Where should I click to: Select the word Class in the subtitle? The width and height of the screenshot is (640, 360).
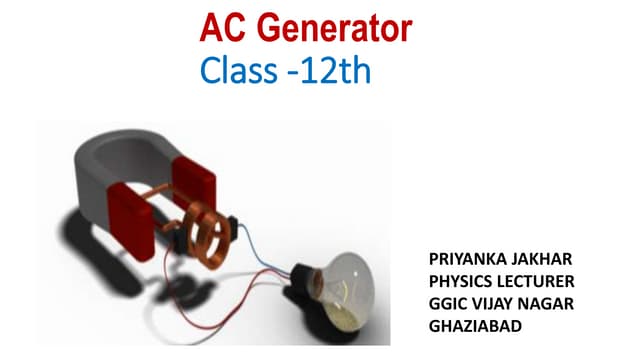(236, 71)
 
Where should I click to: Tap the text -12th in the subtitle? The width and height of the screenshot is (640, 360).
(326, 71)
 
